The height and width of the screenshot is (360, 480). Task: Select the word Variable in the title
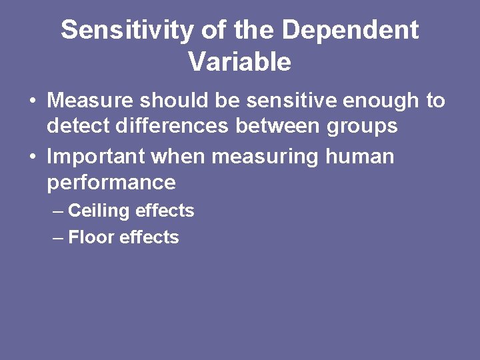(239, 62)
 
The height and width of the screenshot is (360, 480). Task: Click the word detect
(79, 125)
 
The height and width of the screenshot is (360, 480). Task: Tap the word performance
(111, 183)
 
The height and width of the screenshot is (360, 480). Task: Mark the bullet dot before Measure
(32, 102)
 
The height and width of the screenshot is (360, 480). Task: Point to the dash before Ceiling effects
(58, 211)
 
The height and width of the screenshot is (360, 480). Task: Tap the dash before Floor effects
(58, 238)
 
